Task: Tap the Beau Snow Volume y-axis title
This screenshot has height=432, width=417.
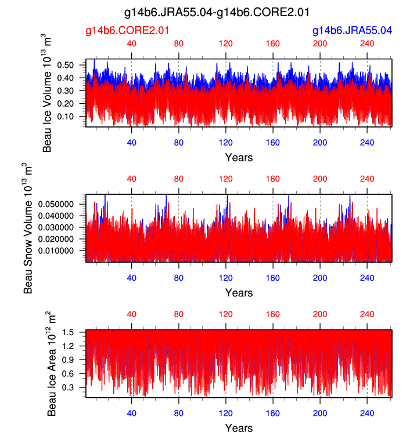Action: (x=28, y=228)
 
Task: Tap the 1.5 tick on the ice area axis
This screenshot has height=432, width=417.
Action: (x=77, y=332)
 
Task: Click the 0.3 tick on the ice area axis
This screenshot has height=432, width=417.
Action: (x=77, y=386)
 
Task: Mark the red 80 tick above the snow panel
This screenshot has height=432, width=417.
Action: (x=178, y=179)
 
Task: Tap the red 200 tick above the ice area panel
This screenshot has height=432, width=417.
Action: (x=319, y=314)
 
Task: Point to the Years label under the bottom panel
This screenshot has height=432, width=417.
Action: (x=239, y=428)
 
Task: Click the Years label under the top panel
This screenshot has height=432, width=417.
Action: (x=239, y=157)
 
